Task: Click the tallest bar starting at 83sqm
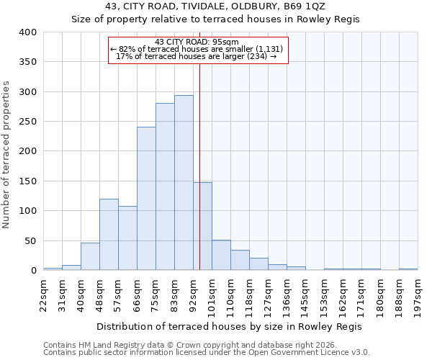[184, 183]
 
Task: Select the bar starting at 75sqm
[165, 186]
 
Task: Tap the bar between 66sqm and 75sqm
[146, 199]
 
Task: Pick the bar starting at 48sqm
[109, 235]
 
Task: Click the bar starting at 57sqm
[127, 238]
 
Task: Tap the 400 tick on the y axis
[27, 32]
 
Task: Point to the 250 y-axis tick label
[27, 122]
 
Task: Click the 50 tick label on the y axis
[30, 241]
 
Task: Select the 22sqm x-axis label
[44, 295]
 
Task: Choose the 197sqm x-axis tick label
[418, 295]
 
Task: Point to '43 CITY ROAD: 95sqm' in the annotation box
[197, 42]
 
